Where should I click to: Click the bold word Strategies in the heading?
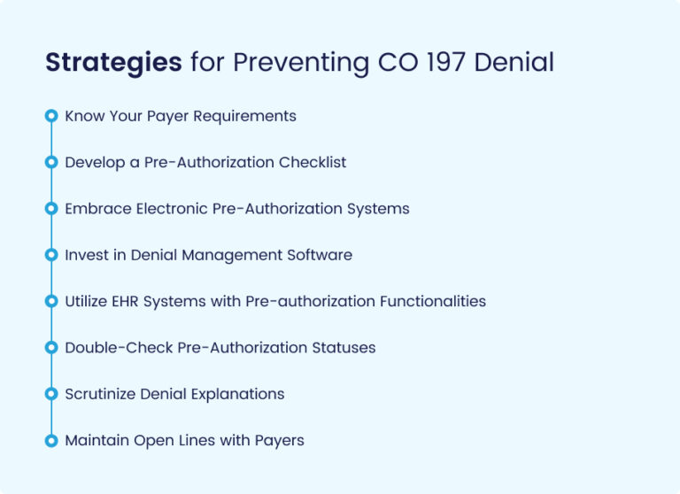[113, 63]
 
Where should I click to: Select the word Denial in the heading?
[516, 63]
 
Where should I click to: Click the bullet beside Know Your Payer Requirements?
[51, 116]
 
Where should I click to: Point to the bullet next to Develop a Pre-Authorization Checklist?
[51, 162]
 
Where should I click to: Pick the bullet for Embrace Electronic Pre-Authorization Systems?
[51, 209]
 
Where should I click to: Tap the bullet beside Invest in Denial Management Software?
[51, 255]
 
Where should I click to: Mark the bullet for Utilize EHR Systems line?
[51, 301]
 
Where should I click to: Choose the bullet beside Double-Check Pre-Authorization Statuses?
[51, 348]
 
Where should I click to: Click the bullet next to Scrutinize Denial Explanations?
[51, 394]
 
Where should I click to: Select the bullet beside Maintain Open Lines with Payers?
[51, 440]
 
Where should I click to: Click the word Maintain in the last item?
[95, 440]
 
